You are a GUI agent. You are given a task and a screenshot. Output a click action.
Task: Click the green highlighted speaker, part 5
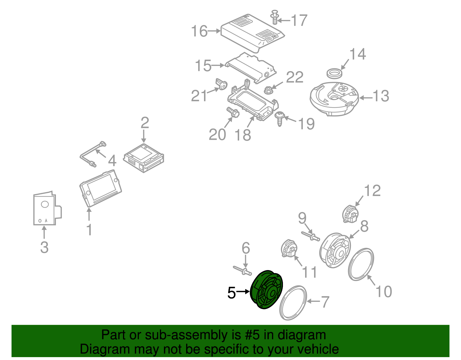pos(267,290)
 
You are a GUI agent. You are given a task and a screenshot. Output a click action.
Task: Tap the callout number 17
pos(299,20)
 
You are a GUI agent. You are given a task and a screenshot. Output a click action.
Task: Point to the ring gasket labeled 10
pos(361,264)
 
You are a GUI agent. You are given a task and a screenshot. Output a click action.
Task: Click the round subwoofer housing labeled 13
pos(334,98)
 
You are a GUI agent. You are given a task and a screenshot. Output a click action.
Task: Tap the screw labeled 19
pos(279,118)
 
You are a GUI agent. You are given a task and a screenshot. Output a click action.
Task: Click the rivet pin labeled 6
pos(242,270)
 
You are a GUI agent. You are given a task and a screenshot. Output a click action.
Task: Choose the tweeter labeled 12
pos(350,214)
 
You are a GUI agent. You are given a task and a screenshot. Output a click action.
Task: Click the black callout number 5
pos(231,293)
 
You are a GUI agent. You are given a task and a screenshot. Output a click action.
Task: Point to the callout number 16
pos(199,31)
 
